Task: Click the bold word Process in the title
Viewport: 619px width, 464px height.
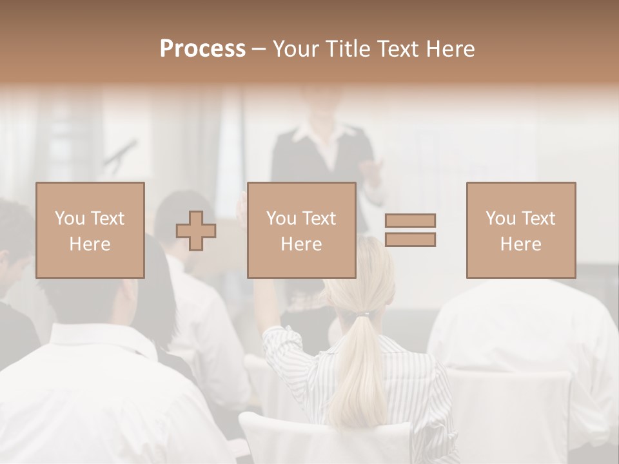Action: click(202, 49)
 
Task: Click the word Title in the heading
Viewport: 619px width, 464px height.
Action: click(346, 49)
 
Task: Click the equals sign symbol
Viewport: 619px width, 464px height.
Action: click(410, 230)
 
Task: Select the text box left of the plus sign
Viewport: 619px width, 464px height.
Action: click(90, 230)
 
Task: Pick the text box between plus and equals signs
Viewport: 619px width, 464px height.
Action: click(301, 230)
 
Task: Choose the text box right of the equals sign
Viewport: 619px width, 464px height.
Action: click(521, 230)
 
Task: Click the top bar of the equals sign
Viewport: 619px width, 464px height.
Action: click(410, 220)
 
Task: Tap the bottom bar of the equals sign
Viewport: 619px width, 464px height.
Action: click(410, 240)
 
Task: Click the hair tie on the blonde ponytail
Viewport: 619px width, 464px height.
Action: click(365, 315)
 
